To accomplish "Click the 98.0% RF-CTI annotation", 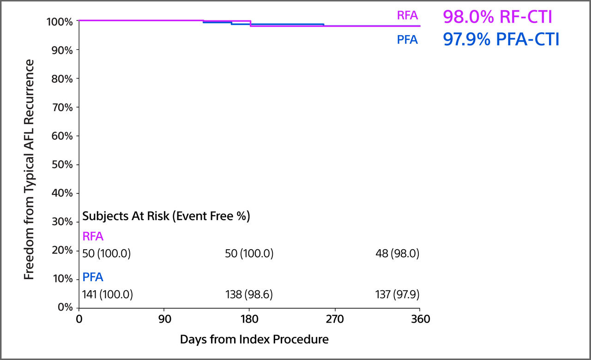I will point(497,17).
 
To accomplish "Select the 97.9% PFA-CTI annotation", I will point(501,40).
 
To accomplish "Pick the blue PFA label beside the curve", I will point(407,40).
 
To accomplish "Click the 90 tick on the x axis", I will point(164,319).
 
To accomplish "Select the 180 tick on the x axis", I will point(249,319).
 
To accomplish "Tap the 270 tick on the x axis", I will point(335,319).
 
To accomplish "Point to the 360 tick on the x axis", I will point(420,319).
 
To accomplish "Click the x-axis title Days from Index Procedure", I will point(254,340).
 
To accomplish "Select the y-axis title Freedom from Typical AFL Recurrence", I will point(29,169).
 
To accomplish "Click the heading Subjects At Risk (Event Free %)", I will point(166,216).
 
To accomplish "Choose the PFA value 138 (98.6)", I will point(249,294).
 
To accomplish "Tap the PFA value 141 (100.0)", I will point(108,294).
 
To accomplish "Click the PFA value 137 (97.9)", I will point(398,294).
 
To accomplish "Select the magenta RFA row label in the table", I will point(93,237).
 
